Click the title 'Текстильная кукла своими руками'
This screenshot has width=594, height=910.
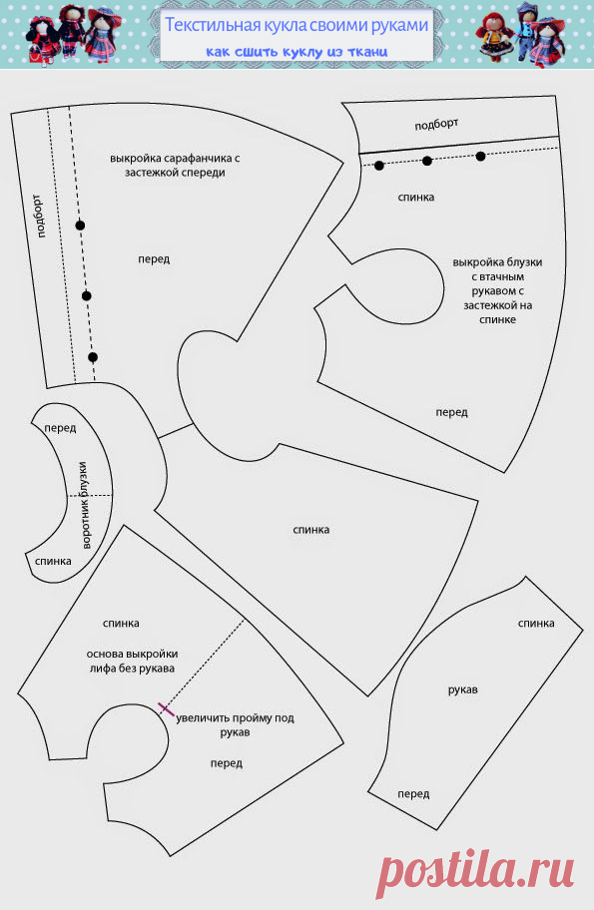pos(297,25)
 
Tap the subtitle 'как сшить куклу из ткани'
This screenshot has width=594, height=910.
pos(297,52)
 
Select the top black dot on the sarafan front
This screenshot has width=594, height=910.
pos(80,226)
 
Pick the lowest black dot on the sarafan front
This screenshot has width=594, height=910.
pos(93,357)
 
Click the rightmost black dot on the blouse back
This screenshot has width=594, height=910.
pos(480,156)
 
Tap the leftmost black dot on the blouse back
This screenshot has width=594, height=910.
pos(379,166)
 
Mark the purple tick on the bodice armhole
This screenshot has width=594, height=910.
pos(166,708)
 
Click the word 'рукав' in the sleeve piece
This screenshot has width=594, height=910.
pos(463,690)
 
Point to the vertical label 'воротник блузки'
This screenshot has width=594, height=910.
pos(85,506)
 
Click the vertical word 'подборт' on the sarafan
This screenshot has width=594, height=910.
pos(39,216)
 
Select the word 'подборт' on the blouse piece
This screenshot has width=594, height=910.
pos(436,124)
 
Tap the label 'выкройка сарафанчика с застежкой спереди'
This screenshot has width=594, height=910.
pos(175,166)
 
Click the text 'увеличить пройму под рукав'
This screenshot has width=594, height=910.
pos(236,724)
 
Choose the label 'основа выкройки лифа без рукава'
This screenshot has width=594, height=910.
pos(133,661)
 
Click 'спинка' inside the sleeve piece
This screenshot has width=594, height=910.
pos(536,624)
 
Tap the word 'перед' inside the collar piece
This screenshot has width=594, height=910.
pos(60,428)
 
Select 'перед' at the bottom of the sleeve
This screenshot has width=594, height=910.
pos(413,794)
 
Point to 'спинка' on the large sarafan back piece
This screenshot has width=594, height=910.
pos(311,530)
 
